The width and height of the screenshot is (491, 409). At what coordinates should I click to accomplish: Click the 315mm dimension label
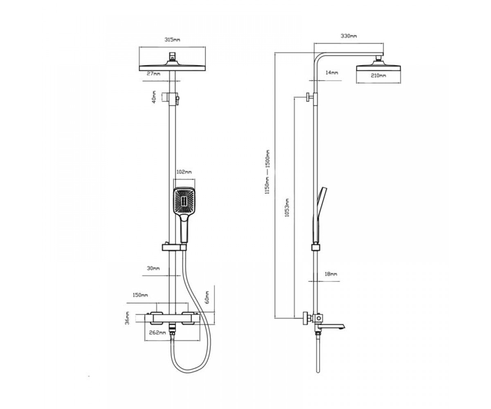(172, 40)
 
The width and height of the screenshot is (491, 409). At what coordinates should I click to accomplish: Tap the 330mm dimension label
(349, 36)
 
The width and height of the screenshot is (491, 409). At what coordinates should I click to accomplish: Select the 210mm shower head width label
(378, 76)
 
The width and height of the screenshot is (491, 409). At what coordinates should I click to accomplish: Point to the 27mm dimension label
(153, 74)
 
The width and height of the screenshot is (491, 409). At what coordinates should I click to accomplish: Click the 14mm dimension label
(332, 73)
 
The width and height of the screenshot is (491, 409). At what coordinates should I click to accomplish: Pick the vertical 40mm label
(154, 97)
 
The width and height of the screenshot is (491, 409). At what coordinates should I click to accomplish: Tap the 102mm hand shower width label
(184, 172)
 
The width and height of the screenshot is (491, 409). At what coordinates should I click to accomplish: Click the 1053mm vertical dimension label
(287, 207)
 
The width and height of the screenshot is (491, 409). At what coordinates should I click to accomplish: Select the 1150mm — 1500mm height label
(267, 172)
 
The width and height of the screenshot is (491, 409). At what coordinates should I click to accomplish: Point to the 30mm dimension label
(153, 268)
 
